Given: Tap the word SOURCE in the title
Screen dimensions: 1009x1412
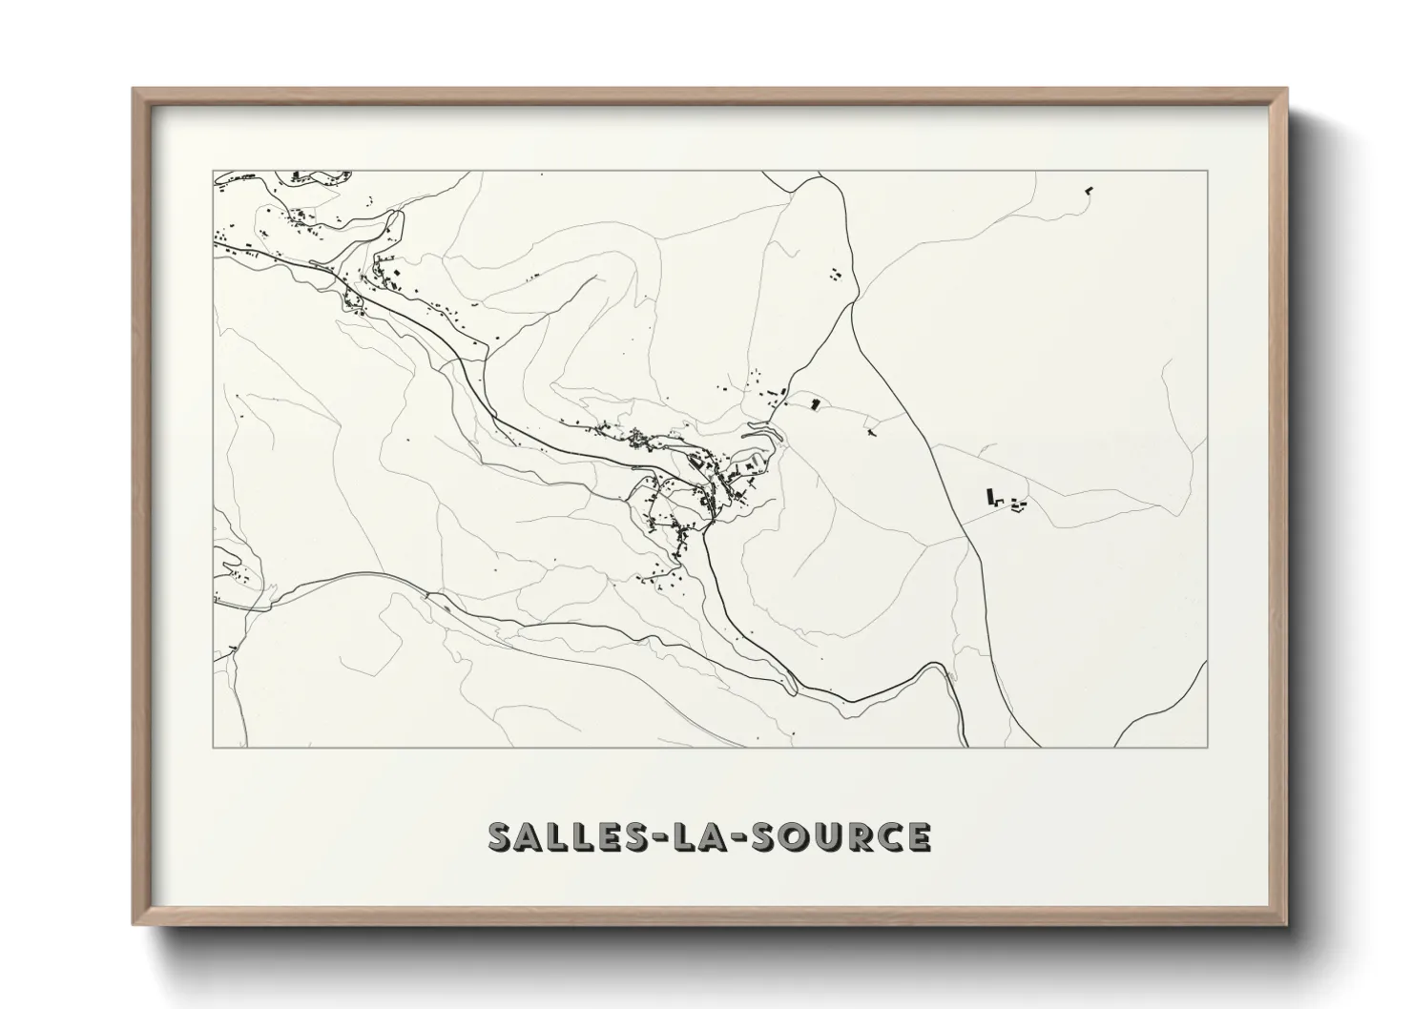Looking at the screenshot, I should [x=841, y=836].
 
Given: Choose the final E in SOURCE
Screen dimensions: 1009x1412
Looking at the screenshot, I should [x=919, y=836].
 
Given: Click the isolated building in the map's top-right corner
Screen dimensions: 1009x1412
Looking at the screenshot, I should [x=1089, y=191].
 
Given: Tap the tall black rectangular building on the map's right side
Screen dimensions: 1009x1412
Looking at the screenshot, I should [x=991, y=496].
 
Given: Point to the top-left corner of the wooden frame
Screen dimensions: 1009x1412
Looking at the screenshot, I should [x=135, y=90].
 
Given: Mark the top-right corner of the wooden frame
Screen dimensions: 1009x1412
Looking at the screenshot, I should [x=1286, y=90].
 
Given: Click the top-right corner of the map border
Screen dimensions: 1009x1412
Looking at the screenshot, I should [x=1207, y=171].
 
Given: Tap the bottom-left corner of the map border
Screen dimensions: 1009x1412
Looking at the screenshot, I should [x=214, y=746].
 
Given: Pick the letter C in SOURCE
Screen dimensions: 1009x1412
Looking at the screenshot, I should [x=891, y=836].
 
